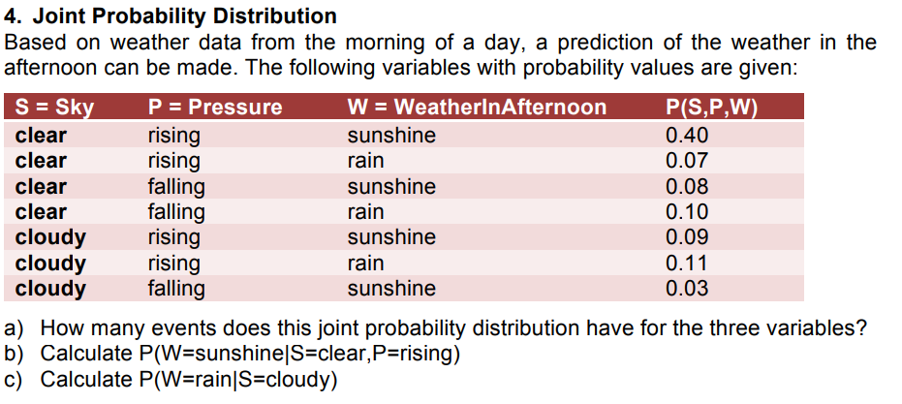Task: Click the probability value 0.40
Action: (x=687, y=136)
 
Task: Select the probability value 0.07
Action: (x=687, y=161)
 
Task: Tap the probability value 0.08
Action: (x=687, y=187)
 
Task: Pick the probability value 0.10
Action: (x=687, y=212)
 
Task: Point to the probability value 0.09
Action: (x=687, y=237)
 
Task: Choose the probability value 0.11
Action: (x=687, y=264)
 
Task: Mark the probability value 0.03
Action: (x=687, y=289)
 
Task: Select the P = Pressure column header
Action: (x=214, y=108)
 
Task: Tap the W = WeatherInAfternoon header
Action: (x=477, y=108)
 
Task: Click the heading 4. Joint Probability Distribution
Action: (x=171, y=16)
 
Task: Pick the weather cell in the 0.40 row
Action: (x=391, y=136)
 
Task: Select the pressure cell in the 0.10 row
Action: (x=175, y=212)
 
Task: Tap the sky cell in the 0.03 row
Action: (x=50, y=289)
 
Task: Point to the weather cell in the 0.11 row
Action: (x=365, y=264)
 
